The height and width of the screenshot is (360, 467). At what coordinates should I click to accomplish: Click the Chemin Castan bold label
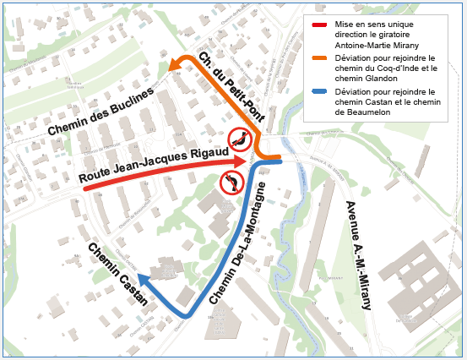click(118, 274)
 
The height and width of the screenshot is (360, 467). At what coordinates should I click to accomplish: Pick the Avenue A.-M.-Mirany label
click(358, 257)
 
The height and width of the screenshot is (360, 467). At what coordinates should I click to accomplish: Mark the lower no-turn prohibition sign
click(231, 182)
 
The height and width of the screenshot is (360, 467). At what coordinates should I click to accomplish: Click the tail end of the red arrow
click(87, 188)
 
